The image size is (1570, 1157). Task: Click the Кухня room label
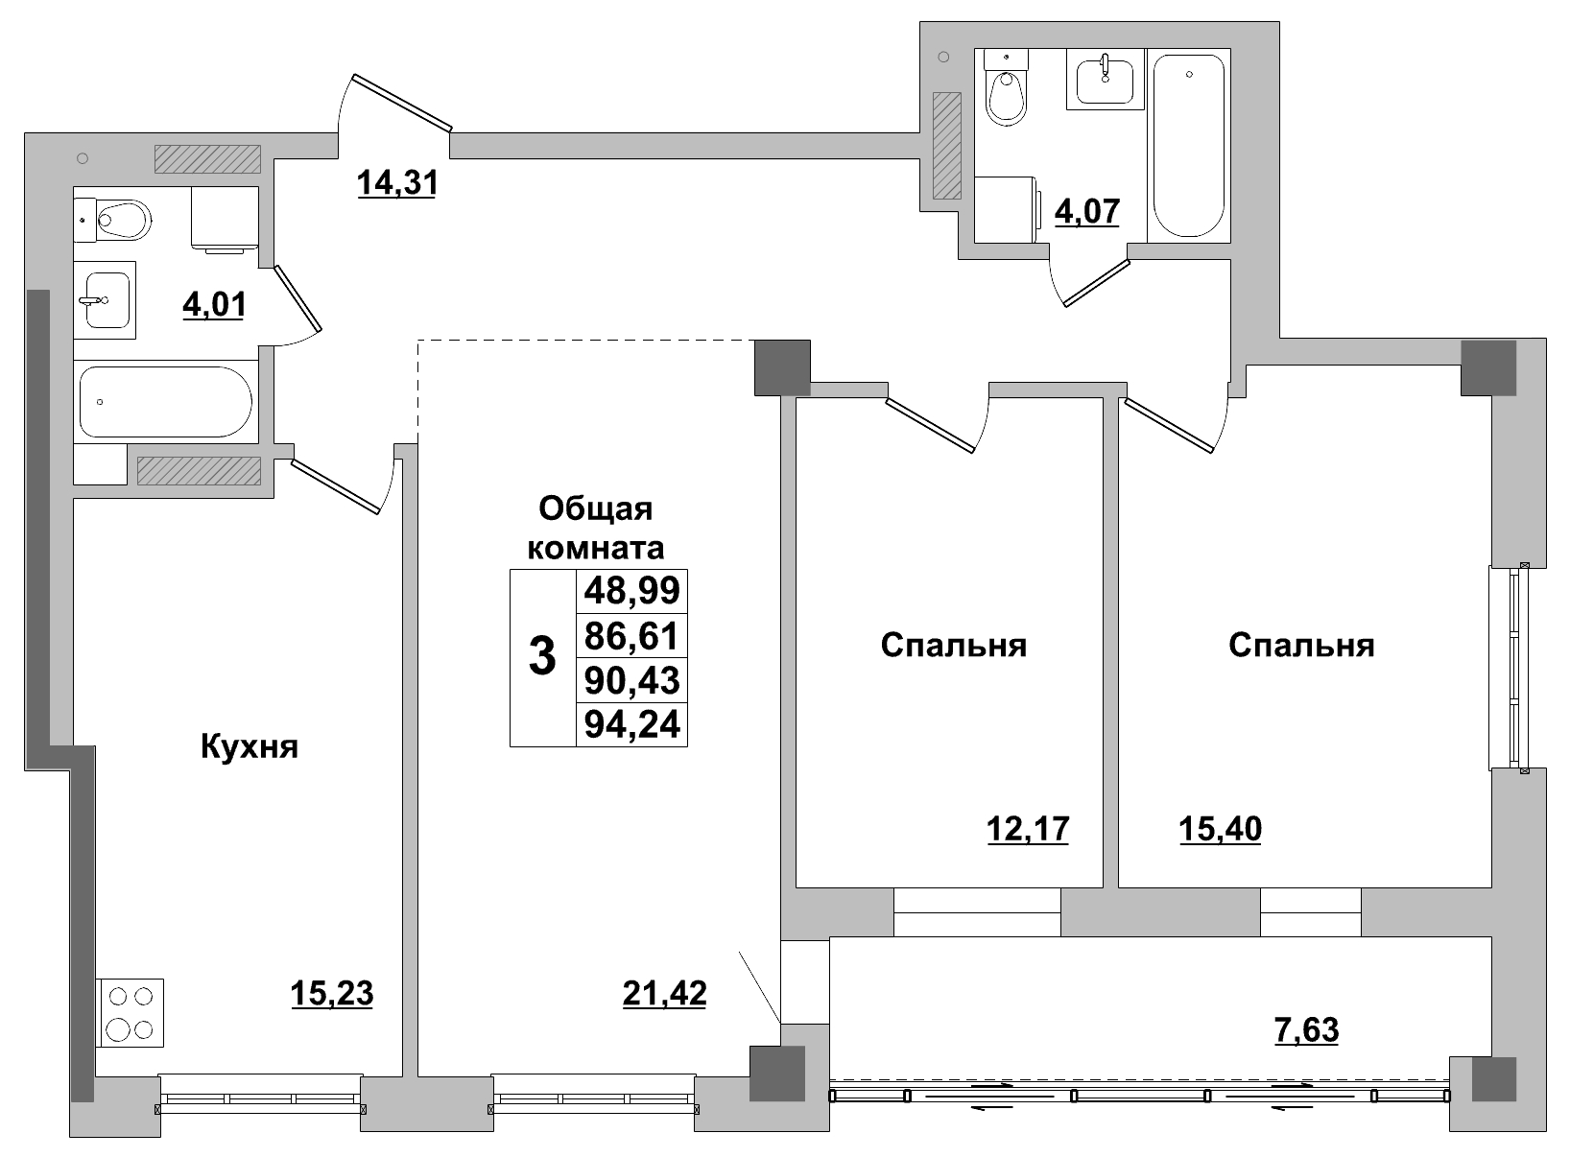click(x=250, y=746)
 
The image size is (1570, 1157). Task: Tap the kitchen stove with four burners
click(x=131, y=1012)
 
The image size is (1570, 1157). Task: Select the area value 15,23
click(x=331, y=994)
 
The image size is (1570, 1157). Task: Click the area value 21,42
click(x=664, y=994)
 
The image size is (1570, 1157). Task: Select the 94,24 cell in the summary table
click(x=631, y=724)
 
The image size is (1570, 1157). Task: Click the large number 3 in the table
click(x=542, y=658)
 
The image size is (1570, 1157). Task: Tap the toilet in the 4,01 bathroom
click(x=120, y=221)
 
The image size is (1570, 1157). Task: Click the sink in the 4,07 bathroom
click(x=1105, y=79)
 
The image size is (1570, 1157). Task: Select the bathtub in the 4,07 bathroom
click(x=1188, y=144)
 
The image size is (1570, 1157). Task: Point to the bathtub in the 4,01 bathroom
click(x=165, y=401)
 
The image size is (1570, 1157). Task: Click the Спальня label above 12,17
click(x=953, y=646)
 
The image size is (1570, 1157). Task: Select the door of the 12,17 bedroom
click(x=929, y=423)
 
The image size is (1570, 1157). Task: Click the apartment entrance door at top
click(x=401, y=102)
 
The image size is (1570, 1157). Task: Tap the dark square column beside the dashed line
click(x=782, y=367)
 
